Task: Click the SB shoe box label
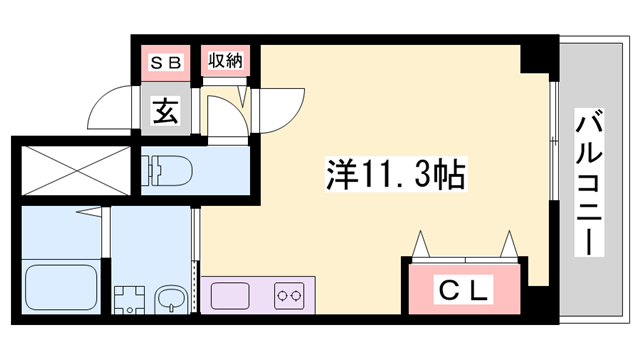(x=167, y=62)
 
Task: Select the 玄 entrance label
(x=166, y=110)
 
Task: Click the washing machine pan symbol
(x=128, y=300)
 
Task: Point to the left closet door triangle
(x=421, y=243)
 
